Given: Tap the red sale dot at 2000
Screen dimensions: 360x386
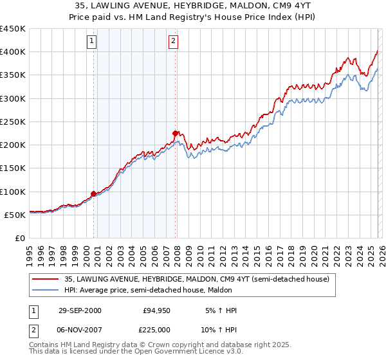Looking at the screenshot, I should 94,193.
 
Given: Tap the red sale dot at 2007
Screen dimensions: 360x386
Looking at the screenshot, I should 175,133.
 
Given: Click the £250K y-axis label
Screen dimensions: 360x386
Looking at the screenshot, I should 13,122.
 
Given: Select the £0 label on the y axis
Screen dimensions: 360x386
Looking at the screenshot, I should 19,238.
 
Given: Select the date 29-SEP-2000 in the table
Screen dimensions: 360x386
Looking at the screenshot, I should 79,310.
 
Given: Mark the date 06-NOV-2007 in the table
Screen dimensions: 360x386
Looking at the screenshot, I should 80,328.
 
